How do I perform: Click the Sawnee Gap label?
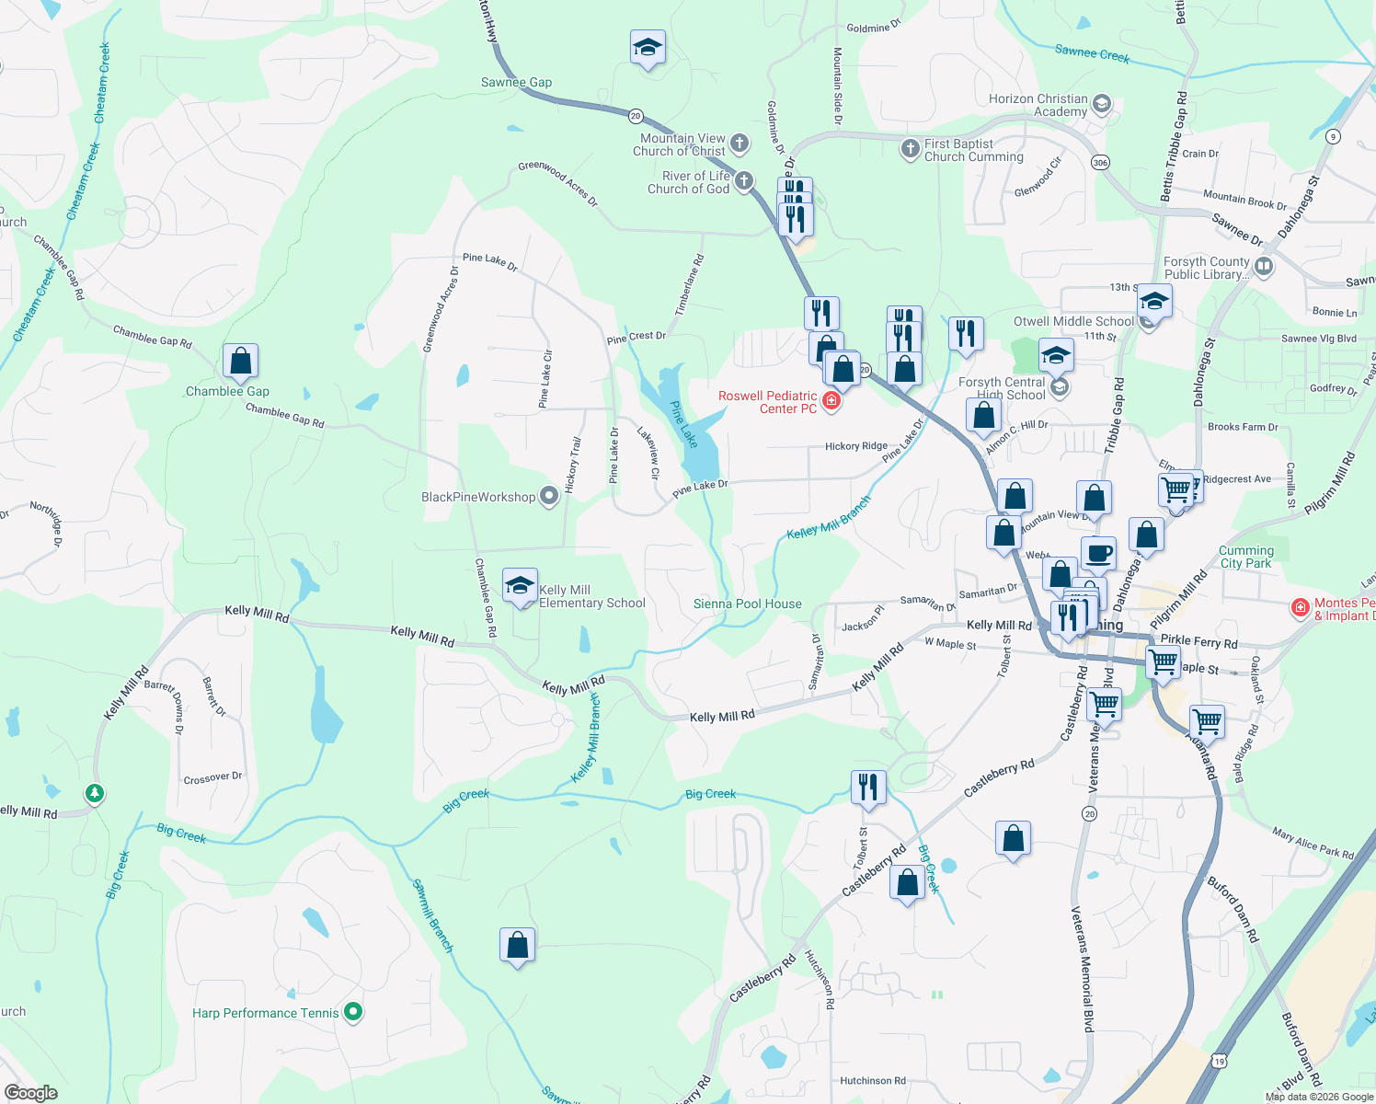tap(516, 83)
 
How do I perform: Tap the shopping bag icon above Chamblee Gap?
tap(240, 362)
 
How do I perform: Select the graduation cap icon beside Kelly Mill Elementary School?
tap(520, 586)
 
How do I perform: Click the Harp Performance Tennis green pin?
tap(353, 1012)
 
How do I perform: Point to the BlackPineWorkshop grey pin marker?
tap(549, 497)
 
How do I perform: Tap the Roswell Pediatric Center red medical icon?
tap(831, 401)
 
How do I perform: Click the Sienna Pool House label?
tap(747, 604)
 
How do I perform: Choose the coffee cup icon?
tap(1098, 554)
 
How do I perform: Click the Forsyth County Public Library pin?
tap(1264, 268)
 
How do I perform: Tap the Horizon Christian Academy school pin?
tap(1102, 105)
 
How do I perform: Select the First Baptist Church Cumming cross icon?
tap(910, 149)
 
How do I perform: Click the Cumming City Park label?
tap(1245, 557)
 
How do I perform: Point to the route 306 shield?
tap(1100, 162)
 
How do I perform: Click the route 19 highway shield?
tap(1219, 1060)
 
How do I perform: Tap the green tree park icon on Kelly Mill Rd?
tap(94, 793)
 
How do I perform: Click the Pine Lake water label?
tap(683, 424)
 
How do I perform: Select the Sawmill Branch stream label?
tap(432, 915)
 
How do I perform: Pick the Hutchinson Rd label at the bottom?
tap(872, 1081)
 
